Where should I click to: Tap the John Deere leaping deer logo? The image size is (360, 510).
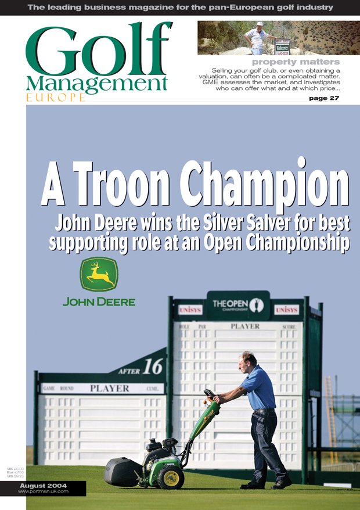point(99,275)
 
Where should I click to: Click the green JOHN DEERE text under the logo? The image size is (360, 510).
point(99,301)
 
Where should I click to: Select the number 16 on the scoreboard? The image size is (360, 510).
point(153,366)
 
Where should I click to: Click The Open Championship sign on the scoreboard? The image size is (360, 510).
point(237,306)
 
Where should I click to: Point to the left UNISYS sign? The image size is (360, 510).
point(190,310)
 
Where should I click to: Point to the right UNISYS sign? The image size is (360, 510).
point(286,310)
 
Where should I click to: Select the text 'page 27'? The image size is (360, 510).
point(325,98)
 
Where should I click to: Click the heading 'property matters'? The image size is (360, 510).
point(296,62)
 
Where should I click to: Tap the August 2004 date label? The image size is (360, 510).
point(43,485)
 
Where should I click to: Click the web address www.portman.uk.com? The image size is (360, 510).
point(43,491)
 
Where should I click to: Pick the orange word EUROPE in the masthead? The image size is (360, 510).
point(55,97)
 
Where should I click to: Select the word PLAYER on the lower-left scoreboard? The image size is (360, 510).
point(109,388)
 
